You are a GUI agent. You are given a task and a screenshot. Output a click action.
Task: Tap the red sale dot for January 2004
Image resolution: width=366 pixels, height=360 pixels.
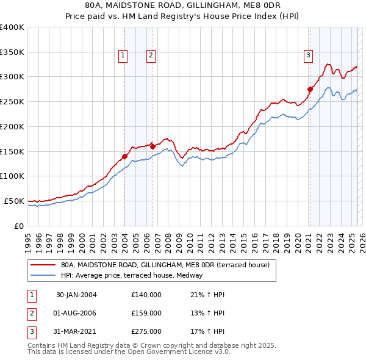tap(124, 156)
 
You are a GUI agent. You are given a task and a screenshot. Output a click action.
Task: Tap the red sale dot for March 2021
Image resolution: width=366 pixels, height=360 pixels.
tap(310, 89)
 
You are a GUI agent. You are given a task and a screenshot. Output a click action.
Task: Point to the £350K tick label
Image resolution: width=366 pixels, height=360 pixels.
tap(12, 52)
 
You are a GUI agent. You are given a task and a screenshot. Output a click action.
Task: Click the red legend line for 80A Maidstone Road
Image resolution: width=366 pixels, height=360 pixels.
tap(43, 265)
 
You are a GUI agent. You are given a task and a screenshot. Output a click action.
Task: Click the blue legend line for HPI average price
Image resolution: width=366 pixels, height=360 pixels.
tap(43, 275)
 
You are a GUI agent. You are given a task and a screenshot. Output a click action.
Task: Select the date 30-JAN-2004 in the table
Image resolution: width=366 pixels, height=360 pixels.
tap(76, 295)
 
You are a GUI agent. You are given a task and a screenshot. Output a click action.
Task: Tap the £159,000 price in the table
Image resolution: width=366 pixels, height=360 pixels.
tap(146, 313)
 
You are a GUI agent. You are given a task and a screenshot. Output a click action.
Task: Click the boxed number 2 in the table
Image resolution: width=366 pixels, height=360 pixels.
tap(30, 313)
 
